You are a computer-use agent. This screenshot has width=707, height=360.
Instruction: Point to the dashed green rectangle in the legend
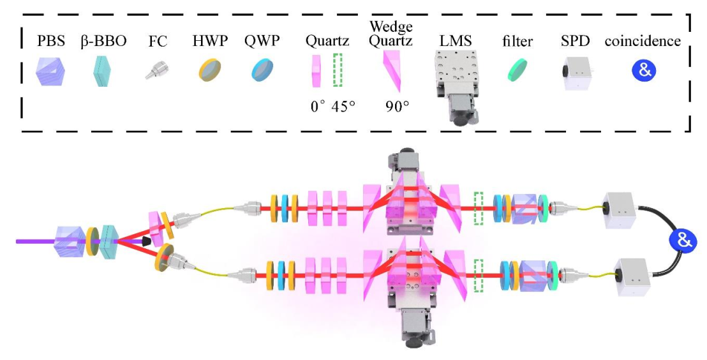pyautogui.click(x=338, y=70)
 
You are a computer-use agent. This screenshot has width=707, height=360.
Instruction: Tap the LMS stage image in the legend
pyautogui.click(x=455, y=83)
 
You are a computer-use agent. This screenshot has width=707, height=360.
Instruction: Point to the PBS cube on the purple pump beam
pyautogui.click(x=71, y=240)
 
